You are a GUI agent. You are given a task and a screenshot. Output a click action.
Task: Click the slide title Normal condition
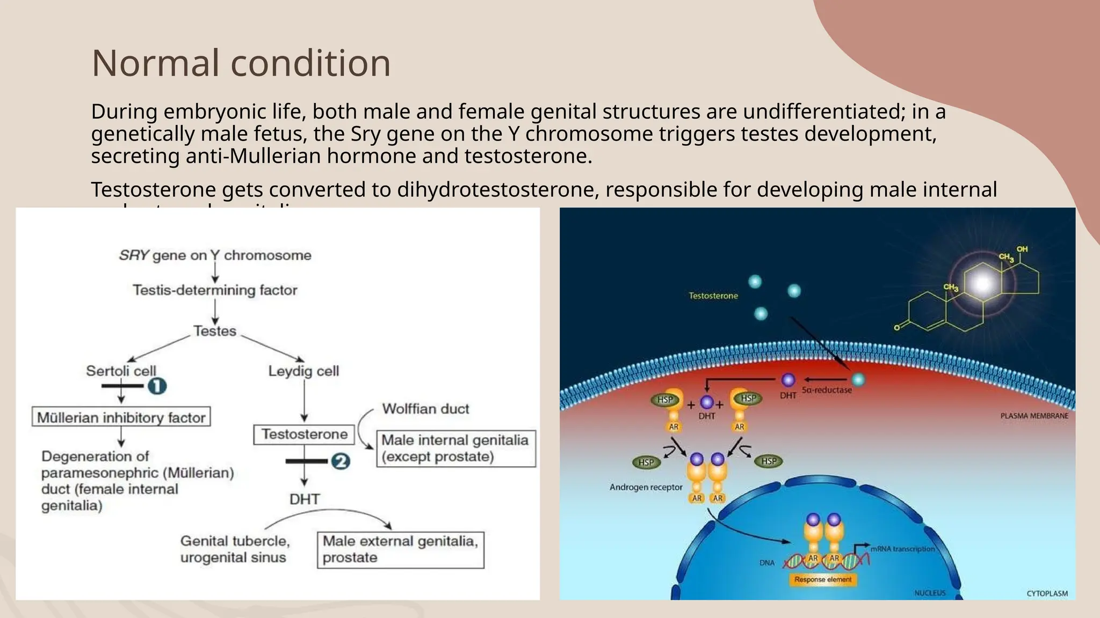[241, 63]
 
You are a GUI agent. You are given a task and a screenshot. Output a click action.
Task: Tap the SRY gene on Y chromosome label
[215, 255]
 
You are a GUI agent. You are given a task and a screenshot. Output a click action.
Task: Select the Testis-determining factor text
[215, 290]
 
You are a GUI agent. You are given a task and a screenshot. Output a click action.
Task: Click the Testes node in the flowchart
[215, 331]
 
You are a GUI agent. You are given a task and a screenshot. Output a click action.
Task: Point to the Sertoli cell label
[121, 371]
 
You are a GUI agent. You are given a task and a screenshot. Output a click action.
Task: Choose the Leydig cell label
[303, 371]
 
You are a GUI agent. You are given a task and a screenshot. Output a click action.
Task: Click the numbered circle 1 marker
[157, 386]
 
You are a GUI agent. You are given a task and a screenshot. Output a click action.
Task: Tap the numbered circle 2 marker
[341, 461]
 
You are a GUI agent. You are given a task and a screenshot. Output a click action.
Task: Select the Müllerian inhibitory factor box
[121, 417]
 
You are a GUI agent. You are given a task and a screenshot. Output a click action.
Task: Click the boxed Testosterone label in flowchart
[304, 434]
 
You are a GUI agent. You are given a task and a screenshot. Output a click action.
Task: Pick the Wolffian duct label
[425, 409]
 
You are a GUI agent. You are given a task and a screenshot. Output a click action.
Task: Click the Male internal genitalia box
[456, 448]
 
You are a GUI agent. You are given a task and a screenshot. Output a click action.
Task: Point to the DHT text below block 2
[305, 499]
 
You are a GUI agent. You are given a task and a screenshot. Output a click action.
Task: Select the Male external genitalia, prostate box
[400, 549]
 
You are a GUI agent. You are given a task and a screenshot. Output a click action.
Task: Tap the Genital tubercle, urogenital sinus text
[235, 549]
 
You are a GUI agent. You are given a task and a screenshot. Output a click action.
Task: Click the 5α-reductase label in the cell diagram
[827, 390]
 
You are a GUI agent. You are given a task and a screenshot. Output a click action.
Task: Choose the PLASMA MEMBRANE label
[1034, 416]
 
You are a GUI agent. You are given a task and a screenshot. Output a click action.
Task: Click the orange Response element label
[823, 579]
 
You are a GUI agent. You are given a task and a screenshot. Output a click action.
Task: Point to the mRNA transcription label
[902, 549]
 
